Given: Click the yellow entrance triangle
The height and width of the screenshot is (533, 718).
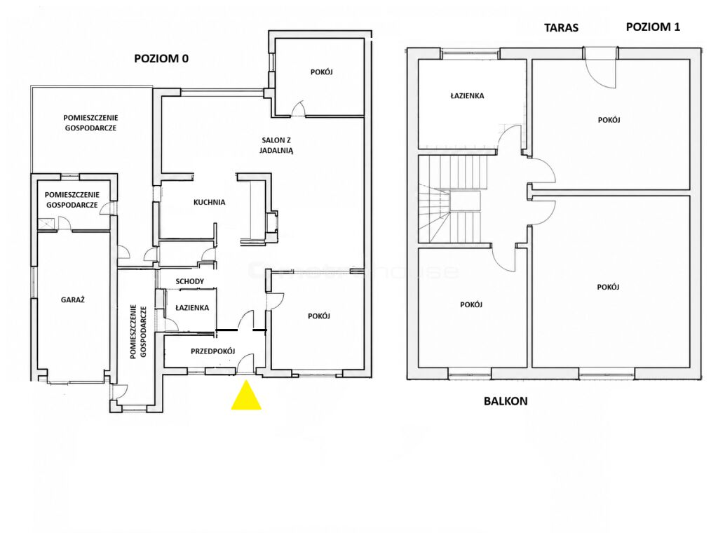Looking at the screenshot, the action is pyautogui.click(x=246, y=398).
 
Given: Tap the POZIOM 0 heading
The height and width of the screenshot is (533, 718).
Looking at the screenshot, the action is pyautogui.click(x=161, y=59).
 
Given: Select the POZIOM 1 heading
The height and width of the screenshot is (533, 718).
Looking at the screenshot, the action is pyautogui.click(x=653, y=27).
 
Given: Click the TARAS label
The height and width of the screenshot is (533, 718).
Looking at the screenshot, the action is pyautogui.click(x=562, y=28).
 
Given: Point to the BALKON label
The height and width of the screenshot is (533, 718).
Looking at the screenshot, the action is pyautogui.click(x=506, y=401).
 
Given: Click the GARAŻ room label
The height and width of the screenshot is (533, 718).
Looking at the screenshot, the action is pyautogui.click(x=73, y=300).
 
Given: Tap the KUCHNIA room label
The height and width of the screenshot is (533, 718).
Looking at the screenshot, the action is pyautogui.click(x=209, y=202).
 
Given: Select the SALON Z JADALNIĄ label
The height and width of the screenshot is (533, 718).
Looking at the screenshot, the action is pyautogui.click(x=276, y=145).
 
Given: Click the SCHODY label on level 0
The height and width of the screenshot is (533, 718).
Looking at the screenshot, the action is pyautogui.click(x=189, y=281).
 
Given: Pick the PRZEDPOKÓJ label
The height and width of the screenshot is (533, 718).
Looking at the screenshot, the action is pyautogui.click(x=213, y=351).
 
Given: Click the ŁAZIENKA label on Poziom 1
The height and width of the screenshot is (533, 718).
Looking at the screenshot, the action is pyautogui.click(x=467, y=95).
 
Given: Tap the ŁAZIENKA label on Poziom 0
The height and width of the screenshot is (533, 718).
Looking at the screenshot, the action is pyautogui.click(x=192, y=308).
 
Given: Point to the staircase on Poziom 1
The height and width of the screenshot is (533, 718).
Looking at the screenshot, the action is pyautogui.click(x=449, y=200).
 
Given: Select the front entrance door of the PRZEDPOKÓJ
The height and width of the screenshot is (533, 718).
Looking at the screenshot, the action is pyautogui.click(x=245, y=363).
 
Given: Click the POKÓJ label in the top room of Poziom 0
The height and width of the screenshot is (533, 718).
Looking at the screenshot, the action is pyautogui.click(x=321, y=72).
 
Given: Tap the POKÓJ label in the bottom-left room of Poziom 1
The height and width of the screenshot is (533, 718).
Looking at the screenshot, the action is pyautogui.click(x=472, y=304).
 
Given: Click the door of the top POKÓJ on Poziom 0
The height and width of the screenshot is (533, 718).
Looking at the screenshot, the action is pyautogui.click(x=298, y=109).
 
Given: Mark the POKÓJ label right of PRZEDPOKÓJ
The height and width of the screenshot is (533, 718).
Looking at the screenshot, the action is pyautogui.click(x=319, y=316).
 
